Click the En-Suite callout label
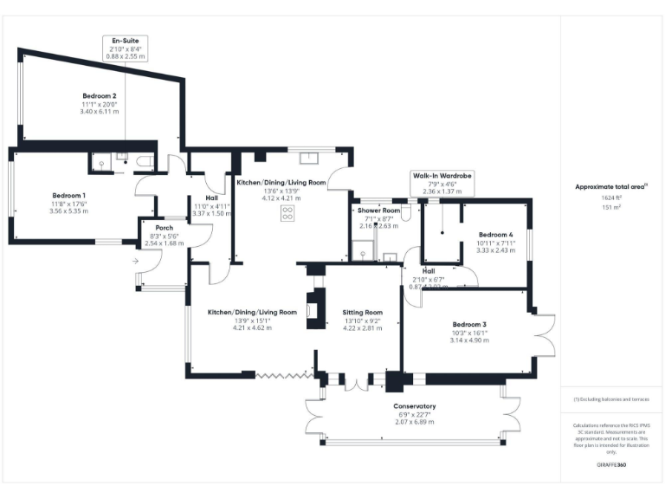126,41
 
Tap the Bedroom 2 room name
100,95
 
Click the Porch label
164,228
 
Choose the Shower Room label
378,211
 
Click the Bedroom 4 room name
496,235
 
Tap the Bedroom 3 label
470,325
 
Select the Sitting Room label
363,312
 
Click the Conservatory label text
415,406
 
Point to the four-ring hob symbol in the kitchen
286,213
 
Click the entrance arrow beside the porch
136,260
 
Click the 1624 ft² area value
611,198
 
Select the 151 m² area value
611,208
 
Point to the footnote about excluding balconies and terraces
611,399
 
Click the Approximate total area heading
611,186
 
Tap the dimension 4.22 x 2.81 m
363,328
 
